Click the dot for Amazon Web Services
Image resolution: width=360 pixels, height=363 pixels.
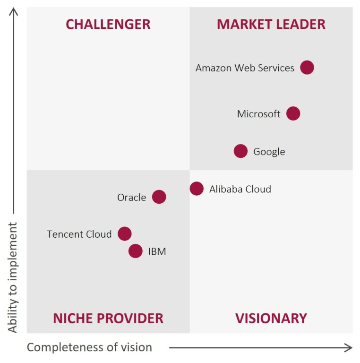(x=307, y=68)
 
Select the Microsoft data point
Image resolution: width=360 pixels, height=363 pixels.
(x=293, y=113)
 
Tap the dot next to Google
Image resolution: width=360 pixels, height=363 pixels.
(x=240, y=151)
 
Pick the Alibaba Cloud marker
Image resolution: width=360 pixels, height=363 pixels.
(x=197, y=189)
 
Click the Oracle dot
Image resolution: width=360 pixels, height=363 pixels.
(x=159, y=197)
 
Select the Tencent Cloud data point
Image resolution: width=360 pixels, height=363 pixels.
(x=124, y=233)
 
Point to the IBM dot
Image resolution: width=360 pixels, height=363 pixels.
(x=135, y=251)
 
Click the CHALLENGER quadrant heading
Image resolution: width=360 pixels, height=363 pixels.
(x=108, y=25)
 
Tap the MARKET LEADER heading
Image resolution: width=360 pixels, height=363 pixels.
(x=271, y=25)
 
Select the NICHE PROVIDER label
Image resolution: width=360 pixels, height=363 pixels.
(x=108, y=319)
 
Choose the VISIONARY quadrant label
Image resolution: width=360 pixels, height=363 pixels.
(x=271, y=319)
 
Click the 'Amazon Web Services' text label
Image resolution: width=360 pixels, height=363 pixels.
(x=245, y=68)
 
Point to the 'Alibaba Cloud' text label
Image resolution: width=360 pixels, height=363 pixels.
(x=240, y=189)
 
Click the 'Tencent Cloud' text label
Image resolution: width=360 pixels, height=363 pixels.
(x=79, y=234)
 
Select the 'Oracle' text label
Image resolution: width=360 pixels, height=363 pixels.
(x=131, y=198)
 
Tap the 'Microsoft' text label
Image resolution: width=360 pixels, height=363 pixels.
(x=258, y=114)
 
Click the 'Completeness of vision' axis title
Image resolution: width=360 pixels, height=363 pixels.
(x=89, y=347)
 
